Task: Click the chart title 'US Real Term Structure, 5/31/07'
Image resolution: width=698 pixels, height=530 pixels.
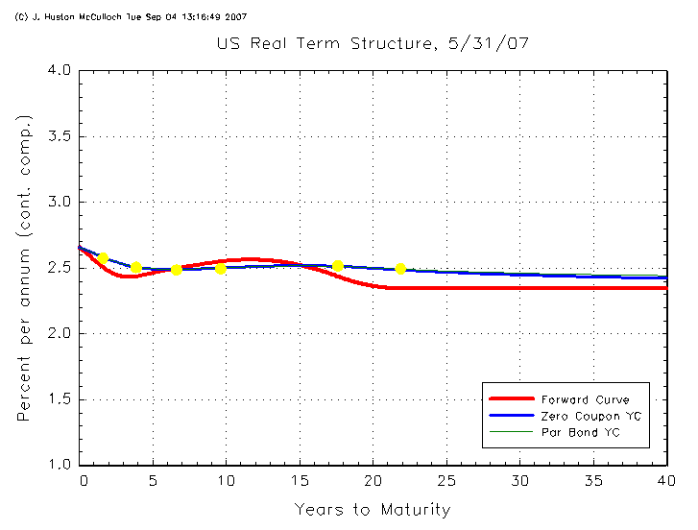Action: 373,44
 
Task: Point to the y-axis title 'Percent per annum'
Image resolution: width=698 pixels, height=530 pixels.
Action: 25,268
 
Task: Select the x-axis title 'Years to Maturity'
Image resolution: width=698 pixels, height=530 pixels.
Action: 372,509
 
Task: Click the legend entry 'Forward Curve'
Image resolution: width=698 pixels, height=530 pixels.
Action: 585,398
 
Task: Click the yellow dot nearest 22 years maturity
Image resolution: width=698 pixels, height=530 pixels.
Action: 400,269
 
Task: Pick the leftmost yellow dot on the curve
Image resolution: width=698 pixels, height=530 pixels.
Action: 103,258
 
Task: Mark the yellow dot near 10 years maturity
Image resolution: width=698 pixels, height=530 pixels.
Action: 221,268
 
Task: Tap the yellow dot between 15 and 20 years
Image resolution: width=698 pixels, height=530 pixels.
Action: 337,266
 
